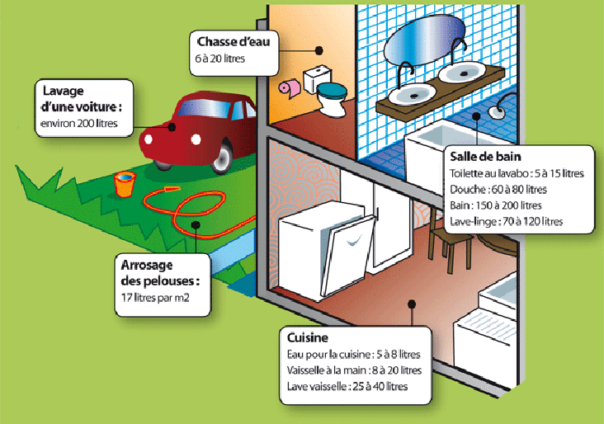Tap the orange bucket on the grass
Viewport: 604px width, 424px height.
(123, 184)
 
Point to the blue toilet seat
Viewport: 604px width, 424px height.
(332, 88)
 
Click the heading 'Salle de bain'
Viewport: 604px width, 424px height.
(484, 156)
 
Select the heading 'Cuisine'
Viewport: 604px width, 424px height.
(309, 339)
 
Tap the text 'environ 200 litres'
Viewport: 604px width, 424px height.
(79, 125)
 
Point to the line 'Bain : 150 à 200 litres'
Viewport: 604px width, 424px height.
(496, 205)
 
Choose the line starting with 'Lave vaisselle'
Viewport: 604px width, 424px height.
(347, 386)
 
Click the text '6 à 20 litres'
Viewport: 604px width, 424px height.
(220, 59)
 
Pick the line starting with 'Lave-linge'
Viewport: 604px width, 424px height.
(507, 221)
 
